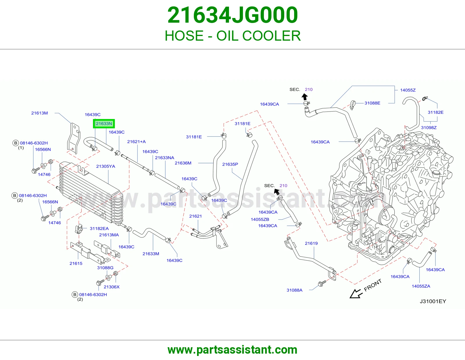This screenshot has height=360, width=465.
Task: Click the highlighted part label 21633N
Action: tap(104, 124)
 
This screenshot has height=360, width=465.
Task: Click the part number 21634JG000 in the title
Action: tap(233, 15)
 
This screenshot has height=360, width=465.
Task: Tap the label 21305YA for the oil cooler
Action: tap(105, 166)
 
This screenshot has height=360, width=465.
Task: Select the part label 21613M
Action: tap(40, 113)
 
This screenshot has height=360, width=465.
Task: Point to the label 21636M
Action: tap(183, 163)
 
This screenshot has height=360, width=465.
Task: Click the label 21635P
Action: tap(230, 164)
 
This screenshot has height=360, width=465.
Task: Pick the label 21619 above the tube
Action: tap(311, 243)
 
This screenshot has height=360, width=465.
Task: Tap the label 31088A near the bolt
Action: tap(294, 290)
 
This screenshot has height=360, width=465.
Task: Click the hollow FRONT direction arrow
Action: tap(356, 294)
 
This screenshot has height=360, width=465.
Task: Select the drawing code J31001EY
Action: tap(433, 301)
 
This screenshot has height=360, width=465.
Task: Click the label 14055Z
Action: tap(408, 90)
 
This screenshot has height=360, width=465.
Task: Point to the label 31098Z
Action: tap(429, 128)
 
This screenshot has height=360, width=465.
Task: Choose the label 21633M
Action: tap(151, 254)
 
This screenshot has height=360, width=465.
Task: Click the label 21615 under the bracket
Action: tap(76, 263)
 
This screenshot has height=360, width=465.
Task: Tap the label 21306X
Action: tap(112, 287)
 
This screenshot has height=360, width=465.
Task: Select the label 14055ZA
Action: tap(421, 286)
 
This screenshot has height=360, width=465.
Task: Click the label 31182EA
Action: tap(99, 228)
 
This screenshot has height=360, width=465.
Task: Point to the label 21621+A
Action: tap(136, 141)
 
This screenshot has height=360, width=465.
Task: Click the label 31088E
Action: tap(372, 103)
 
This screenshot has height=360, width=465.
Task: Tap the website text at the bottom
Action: tap(233, 350)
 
